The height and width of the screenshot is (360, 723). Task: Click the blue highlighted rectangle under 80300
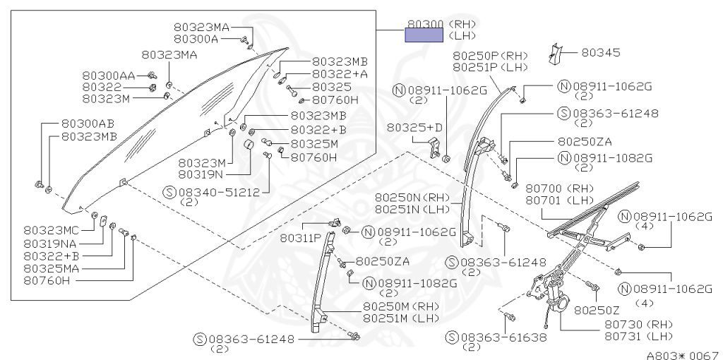424,36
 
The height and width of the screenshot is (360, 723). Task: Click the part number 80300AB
88,124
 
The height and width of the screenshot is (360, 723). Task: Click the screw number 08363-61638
502,337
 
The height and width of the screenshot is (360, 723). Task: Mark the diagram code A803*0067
681,354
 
